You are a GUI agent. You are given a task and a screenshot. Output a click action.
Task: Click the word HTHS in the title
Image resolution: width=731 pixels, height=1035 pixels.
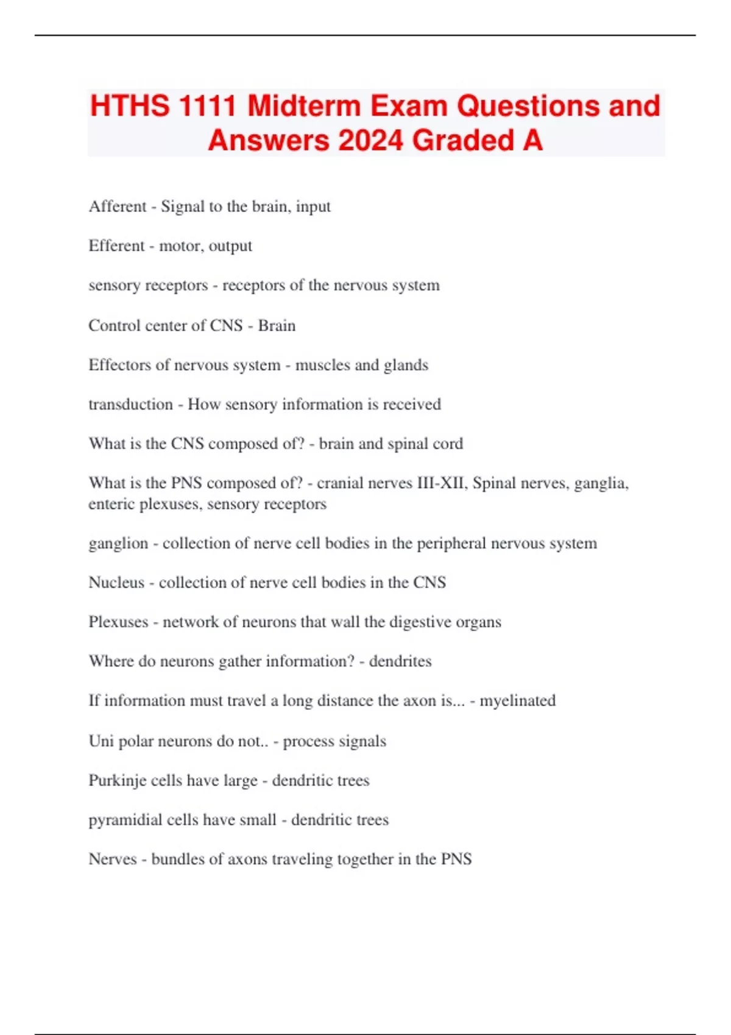130,106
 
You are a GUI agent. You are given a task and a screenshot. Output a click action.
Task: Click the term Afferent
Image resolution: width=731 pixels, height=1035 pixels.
118,206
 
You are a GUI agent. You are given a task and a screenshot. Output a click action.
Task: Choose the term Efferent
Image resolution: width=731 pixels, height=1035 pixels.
116,246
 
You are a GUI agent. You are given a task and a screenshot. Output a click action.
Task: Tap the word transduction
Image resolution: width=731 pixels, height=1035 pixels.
130,404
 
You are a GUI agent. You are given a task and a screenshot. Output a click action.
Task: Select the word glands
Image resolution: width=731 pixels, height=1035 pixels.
406,365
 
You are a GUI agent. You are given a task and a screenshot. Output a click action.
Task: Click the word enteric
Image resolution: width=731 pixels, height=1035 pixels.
111,504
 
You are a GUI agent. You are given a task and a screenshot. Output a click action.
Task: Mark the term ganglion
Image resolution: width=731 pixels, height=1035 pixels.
118,544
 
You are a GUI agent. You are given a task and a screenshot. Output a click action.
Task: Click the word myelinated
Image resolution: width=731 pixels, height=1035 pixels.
517,701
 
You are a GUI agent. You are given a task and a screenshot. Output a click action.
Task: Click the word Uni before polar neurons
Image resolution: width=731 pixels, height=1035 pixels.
101,741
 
